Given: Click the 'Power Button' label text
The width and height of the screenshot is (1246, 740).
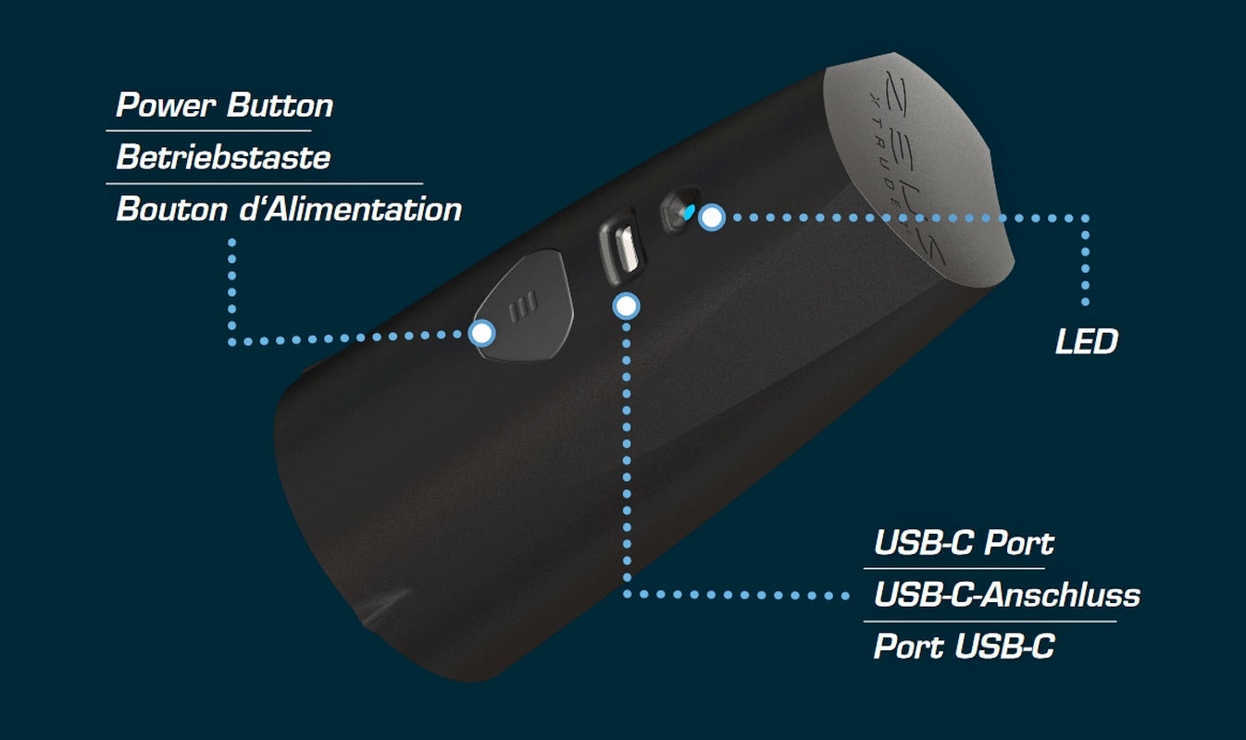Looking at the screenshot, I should coord(224,105).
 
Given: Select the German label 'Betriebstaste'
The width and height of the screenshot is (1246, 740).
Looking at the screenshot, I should coord(223,157).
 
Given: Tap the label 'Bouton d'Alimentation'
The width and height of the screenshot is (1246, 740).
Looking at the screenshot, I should coord(289,209).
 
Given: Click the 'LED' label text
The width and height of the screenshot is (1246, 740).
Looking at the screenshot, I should coord(1087,342).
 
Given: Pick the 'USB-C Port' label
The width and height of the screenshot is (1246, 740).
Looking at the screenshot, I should coord(964,543).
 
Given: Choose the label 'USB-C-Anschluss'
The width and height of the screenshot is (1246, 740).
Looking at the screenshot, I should coord(1006,595).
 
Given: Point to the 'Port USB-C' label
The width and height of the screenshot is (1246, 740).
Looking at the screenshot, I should coord(964,647).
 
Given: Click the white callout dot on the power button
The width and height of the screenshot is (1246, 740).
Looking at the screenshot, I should coord(481,333).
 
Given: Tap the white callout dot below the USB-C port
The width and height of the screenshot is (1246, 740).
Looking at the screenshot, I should coord(627,304).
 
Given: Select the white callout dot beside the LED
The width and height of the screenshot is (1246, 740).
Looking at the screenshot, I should coord(711,217).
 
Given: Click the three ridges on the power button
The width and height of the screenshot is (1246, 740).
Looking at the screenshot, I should coord(525,305).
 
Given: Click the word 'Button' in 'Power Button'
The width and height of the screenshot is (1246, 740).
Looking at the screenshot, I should coord(280,105).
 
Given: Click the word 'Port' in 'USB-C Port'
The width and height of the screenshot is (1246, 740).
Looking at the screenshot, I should coord(1018,543).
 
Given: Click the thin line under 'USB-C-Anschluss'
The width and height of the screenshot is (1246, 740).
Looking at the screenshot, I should coord(990,621).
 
